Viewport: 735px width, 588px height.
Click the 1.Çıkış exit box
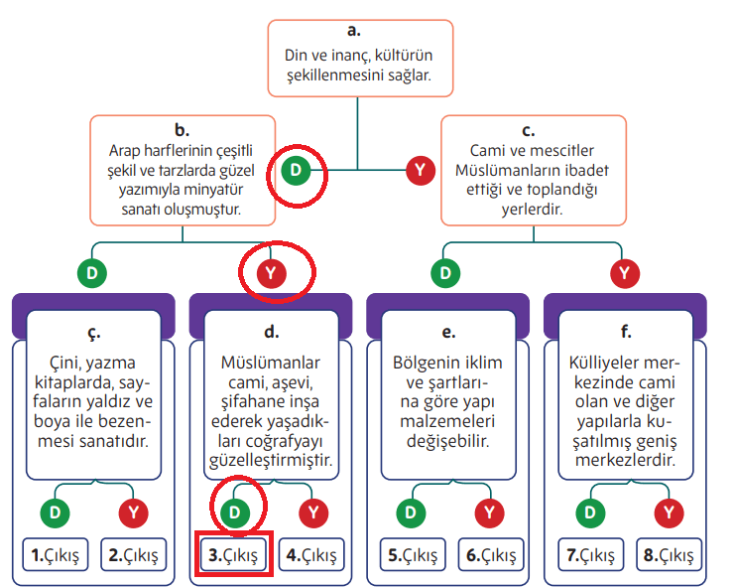pyautogui.click(x=56, y=554)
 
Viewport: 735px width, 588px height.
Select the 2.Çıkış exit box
pyautogui.click(x=133, y=554)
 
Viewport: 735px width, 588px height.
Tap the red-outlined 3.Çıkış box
pyautogui.click(x=234, y=554)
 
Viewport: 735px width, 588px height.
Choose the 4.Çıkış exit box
pyautogui.click(x=311, y=554)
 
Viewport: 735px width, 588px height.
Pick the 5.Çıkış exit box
pyautogui.click(x=413, y=554)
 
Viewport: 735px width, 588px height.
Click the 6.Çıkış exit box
pyautogui.click(x=490, y=554)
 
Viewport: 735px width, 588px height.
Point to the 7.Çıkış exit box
pyautogui.click(x=591, y=554)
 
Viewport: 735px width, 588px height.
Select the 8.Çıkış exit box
pyautogui.click(x=669, y=554)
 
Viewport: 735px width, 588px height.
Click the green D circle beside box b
pyautogui.click(x=296, y=171)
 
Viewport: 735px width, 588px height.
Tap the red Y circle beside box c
pyautogui.click(x=421, y=171)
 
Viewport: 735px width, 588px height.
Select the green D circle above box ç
pyautogui.click(x=91, y=271)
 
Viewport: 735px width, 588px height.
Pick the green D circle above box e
pyautogui.click(x=446, y=271)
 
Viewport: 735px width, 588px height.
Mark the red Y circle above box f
pyautogui.click(x=624, y=271)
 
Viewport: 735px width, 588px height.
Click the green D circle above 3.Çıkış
pyautogui.click(x=234, y=513)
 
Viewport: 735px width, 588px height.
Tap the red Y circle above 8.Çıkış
pyautogui.click(x=672, y=513)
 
